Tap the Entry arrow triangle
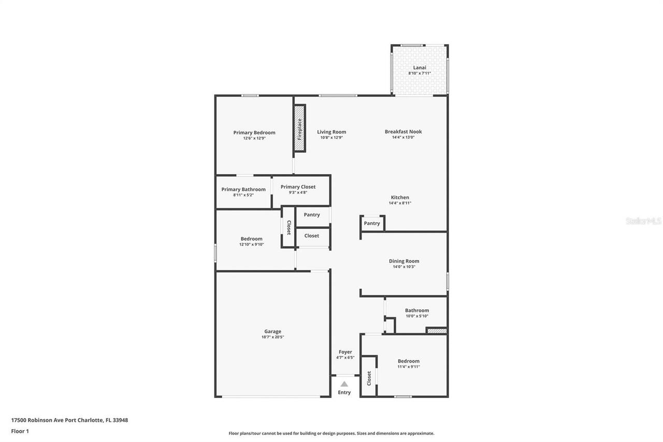coord(344,384)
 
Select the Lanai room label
coord(420,67)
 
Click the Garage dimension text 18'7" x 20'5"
coord(272,337)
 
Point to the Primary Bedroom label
coord(254,133)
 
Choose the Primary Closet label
coord(298,187)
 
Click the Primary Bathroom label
coord(243,190)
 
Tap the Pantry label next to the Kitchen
coord(372,223)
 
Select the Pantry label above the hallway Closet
coord(312,215)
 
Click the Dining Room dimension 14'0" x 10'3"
coord(404,267)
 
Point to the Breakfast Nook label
coord(403,132)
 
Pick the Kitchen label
coord(400,197)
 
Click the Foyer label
coord(345,352)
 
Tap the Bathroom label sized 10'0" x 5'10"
coord(417,310)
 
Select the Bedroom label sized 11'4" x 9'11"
coord(409,361)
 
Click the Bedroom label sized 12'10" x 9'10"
coord(251,239)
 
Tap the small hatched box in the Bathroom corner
coord(436,331)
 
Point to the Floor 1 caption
coord(20,431)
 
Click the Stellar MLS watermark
coord(643,221)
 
